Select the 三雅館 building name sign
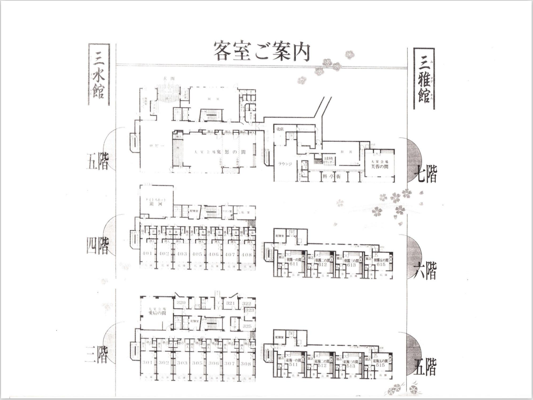point(424,79)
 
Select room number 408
point(247,254)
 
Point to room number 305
point(197,363)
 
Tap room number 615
point(381,264)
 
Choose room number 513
point(351,365)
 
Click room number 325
point(247,326)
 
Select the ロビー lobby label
point(157,146)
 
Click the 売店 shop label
point(280,129)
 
